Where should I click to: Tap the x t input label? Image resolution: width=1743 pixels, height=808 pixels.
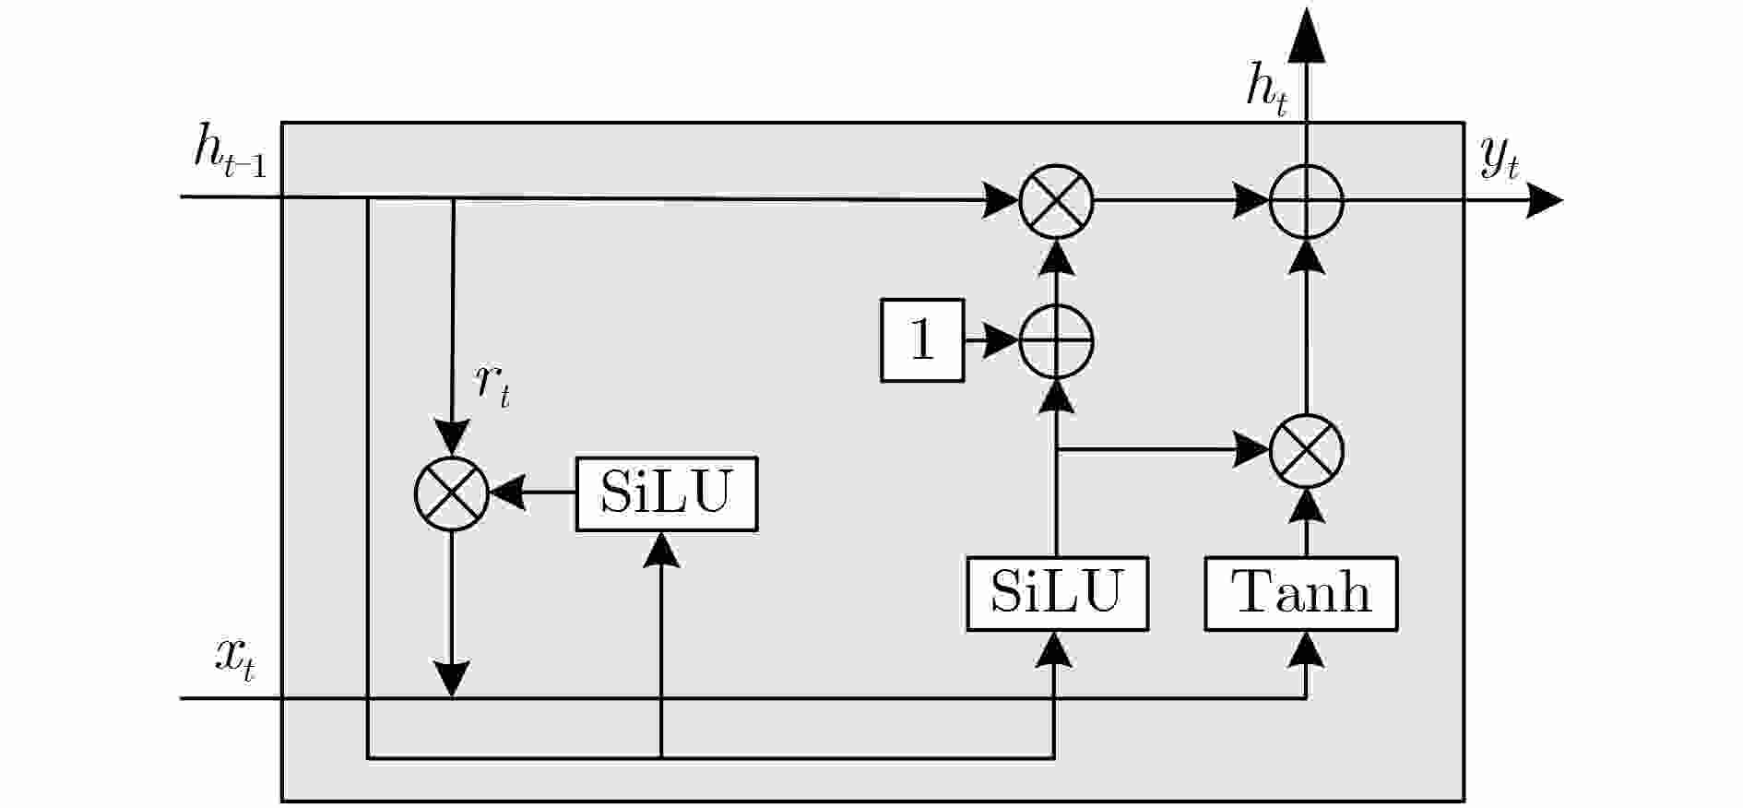(x=234, y=659)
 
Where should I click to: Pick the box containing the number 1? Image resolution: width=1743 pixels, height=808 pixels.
(x=922, y=340)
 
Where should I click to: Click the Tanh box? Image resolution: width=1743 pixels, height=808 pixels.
(x=1300, y=594)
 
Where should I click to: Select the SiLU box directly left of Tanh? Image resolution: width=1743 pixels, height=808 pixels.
(x=1057, y=594)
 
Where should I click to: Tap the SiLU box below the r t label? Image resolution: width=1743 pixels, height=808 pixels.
(x=666, y=494)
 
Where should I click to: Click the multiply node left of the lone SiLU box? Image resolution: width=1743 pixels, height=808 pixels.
(x=451, y=493)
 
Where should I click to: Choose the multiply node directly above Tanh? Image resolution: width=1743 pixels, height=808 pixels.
(x=1306, y=451)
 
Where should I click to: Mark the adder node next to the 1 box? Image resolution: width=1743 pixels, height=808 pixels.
(x=1056, y=340)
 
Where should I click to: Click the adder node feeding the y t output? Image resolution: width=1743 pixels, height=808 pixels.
(x=1306, y=200)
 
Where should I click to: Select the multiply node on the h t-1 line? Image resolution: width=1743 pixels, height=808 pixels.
(x=1056, y=200)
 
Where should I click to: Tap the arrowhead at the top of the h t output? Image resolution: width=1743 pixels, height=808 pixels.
(x=1306, y=37)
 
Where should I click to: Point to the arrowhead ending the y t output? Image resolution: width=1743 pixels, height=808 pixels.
(x=1544, y=200)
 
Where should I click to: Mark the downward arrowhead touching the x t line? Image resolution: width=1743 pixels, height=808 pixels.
(x=451, y=680)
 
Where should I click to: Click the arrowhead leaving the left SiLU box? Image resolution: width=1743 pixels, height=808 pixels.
(x=507, y=493)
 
